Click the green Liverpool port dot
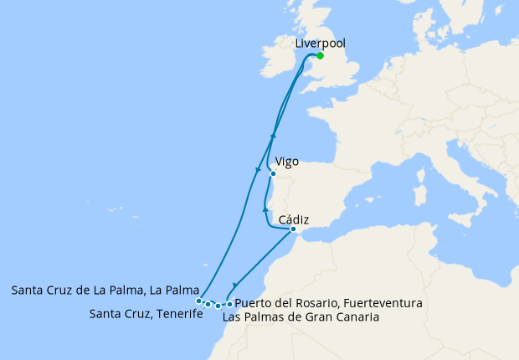(x=320, y=57)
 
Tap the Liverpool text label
(x=320, y=44)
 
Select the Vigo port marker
(x=273, y=174)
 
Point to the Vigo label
(x=286, y=162)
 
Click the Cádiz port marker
(x=293, y=229)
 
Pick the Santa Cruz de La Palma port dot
(x=198, y=301)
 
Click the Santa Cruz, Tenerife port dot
(x=208, y=304)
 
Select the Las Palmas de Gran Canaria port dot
(x=218, y=306)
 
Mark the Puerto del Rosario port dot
(x=229, y=303)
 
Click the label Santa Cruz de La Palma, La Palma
(x=105, y=291)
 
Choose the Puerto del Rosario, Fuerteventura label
(x=328, y=302)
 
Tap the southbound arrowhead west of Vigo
(x=257, y=172)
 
